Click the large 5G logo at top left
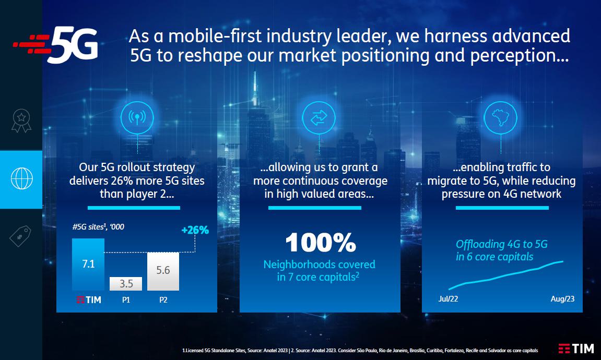(55, 44)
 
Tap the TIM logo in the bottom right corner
(576, 349)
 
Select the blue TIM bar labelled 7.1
(88, 265)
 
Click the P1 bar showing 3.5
(126, 284)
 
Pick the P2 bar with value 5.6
(163, 271)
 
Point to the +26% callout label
(195, 230)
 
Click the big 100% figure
(321, 243)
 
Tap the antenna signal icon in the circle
(137, 117)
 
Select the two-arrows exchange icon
(319, 117)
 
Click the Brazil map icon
(500, 117)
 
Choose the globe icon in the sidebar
(22, 178)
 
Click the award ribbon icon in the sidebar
(21, 121)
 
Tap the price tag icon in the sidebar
(21, 236)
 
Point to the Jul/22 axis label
(448, 299)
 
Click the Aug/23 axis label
(562, 299)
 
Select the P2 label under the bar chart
(163, 300)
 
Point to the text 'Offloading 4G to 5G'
(501, 244)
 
